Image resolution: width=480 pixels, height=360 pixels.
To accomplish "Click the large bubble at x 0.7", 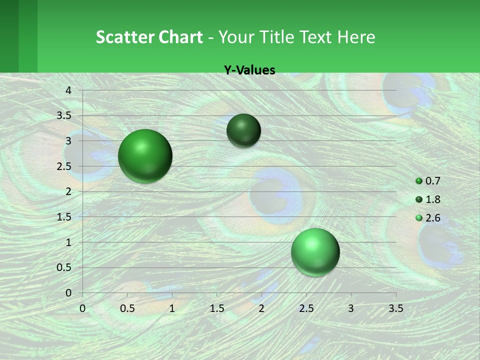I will (145, 156).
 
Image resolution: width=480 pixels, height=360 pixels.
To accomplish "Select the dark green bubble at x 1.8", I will (243, 130).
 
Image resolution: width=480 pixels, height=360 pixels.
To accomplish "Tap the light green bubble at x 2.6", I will (315, 252).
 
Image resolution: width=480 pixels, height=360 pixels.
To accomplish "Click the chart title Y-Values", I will (249, 70).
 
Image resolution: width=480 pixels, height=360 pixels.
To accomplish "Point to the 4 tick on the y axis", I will (68, 90).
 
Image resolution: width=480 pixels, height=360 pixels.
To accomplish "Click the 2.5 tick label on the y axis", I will (64, 166).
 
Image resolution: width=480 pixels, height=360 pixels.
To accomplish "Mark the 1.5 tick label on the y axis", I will (64, 217).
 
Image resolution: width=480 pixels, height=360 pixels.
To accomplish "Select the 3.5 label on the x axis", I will (395, 308).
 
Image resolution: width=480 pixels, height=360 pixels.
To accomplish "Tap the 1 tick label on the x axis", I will (172, 308).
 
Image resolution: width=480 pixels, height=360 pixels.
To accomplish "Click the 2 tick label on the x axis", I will (261, 308).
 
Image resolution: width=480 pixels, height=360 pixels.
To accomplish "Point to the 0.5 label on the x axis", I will (127, 308).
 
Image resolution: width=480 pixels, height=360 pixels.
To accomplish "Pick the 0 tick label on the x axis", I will (82, 308).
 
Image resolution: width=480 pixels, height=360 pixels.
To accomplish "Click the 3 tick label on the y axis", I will (68, 141).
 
